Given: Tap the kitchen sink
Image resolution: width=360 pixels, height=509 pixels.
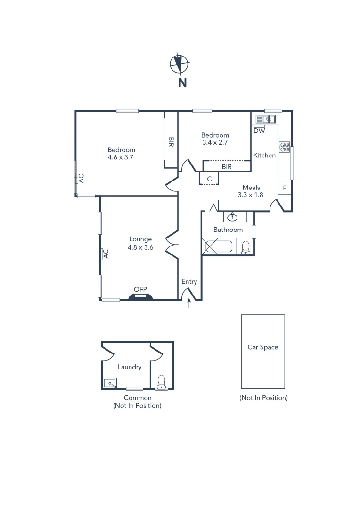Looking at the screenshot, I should pos(270,118).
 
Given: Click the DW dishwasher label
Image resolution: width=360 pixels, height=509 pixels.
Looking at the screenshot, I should pos(259,131).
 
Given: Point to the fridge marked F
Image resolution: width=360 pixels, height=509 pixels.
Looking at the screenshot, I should pos(285,188).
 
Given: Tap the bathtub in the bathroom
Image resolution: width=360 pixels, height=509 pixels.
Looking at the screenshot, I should pos(218,247).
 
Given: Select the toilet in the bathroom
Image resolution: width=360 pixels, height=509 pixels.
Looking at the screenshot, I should pos(245,247).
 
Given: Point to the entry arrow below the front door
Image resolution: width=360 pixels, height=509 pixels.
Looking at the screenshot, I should pos(189,304).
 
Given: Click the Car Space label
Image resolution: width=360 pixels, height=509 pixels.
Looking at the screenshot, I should pos(263,347).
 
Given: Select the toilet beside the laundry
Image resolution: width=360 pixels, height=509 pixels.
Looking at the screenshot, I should pos(161,382).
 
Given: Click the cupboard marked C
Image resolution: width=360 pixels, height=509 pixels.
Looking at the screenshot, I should pos(209,179).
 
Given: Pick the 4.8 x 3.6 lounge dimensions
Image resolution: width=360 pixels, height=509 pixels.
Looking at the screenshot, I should pos(141,247).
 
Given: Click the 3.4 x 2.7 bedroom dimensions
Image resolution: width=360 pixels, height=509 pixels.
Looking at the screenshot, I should pos(215,142).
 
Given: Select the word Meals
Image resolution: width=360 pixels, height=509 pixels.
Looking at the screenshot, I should pos(251,187).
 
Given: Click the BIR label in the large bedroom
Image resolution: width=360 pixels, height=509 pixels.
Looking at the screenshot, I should pos(171,142).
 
